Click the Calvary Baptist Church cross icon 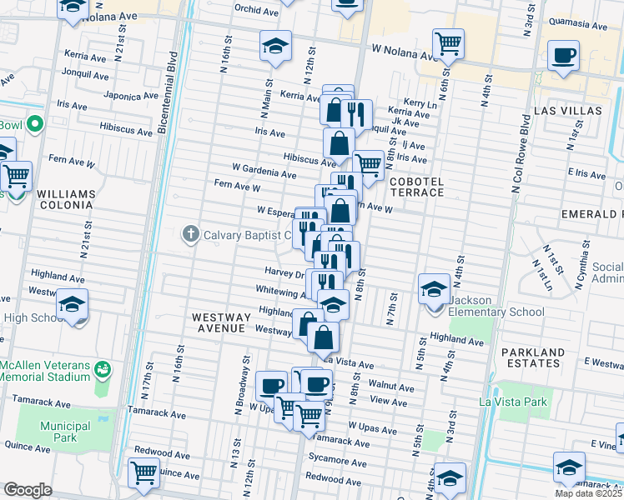click(x=191, y=235)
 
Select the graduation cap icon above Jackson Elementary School click(x=434, y=289)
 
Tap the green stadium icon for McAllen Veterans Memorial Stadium click(x=103, y=367)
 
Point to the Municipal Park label click(x=65, y=431)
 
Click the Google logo click(x=28, y=490)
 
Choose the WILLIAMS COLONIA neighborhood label click(x=66, y=199)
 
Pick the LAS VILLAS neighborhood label click(x=567, y=110)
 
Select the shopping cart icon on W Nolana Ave click(x=449, y=44)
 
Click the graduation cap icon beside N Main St click(x=275, y=47)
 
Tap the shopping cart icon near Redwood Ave click(x=144, y=472)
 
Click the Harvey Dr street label click(x=284, y=272)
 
